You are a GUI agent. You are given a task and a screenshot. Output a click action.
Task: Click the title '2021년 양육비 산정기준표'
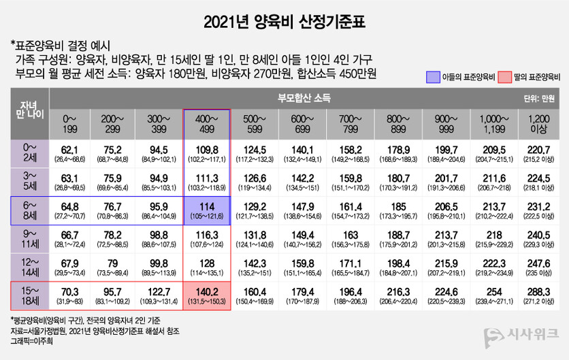click(284, 22)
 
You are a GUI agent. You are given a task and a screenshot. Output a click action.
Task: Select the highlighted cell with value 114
click(207, 211)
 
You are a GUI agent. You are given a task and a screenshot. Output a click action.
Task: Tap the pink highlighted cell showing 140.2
click(207, 297)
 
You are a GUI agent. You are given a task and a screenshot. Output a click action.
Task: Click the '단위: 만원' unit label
click(538, 99)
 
